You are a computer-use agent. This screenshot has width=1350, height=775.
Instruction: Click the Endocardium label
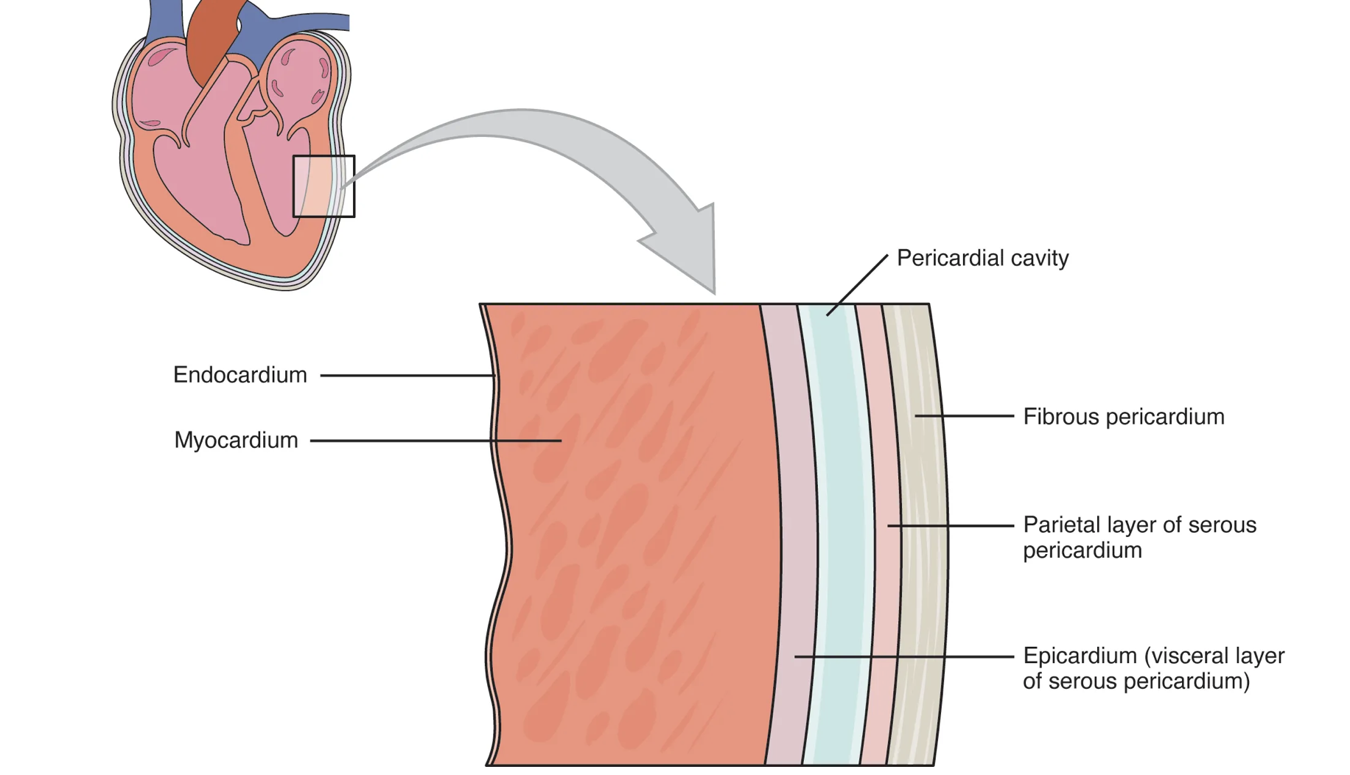(x=239, y=375)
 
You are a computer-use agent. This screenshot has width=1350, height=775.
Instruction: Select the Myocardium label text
(x=236, y=441)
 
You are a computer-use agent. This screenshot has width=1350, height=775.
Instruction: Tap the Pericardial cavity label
(x=982, y=259)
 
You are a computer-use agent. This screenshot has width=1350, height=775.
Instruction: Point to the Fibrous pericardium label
(x=1123, y=417)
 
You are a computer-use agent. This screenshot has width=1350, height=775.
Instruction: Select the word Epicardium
(x=1080, y=656)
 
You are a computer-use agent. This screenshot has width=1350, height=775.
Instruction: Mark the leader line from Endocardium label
(x=405, y=376)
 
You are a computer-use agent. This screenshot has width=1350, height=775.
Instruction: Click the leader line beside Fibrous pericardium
(x=965, y=416)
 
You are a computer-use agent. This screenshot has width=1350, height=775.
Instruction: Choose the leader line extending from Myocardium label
(x=435, y=441)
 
